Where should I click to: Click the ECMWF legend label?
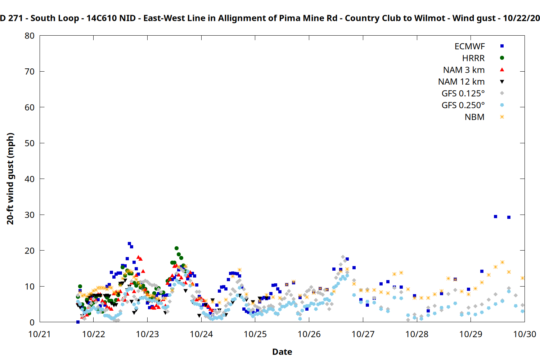[x=469, y=46]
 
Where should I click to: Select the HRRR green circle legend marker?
[x=502, y=58]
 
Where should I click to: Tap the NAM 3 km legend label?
[x=464, y=70]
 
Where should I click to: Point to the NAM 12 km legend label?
[x=461, y=82]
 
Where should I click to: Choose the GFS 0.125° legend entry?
[x=463, y=94]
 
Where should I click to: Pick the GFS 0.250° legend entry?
[x=463, y=105]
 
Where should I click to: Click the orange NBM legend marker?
[x=502, y=117]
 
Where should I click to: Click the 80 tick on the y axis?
[x=30, y=36]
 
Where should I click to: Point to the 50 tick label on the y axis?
[x=30, y=143]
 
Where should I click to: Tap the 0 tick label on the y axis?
[x=32, y=322]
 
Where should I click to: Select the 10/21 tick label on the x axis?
[x=40, y=334]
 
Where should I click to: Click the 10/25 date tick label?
[x=255, y=334]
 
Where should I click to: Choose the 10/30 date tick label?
[x=525, y=334]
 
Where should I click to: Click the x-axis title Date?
[x=282, y=352]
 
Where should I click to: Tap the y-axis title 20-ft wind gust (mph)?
[x=10, y=179]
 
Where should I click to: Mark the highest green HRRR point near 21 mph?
[x=176, y=248]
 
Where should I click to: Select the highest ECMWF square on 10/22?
[x=129, y=244]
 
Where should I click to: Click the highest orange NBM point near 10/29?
[x=502, y=262]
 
